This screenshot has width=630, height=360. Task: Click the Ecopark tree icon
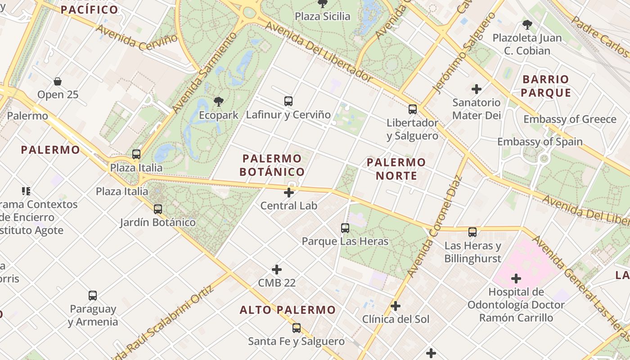219,102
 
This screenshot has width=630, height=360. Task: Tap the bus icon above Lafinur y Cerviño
288,101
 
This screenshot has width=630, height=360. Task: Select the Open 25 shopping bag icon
58,81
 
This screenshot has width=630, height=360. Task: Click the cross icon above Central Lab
289,193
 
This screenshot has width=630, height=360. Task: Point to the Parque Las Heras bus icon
345,228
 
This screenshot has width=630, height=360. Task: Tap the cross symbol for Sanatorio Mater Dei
476,89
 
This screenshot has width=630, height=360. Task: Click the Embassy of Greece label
570,119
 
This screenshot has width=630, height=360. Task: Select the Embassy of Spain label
540,142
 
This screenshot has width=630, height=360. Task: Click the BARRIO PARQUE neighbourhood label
546,86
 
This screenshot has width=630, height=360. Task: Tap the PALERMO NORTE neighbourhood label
396,169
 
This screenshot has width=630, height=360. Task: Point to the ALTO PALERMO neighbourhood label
288,310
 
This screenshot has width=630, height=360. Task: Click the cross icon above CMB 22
277,270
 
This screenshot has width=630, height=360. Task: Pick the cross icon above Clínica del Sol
396,306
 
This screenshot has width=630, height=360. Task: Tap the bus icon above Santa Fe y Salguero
296,328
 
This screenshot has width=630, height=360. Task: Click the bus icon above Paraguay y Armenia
93,296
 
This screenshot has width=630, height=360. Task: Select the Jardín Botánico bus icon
157,209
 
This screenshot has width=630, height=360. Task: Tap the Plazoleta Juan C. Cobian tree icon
527,25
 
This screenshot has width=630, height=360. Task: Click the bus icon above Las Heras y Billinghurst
472,232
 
